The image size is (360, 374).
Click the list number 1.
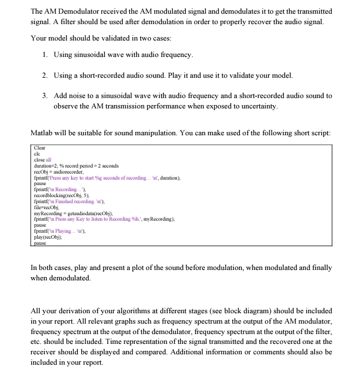click(44, 55)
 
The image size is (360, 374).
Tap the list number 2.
click(44, 74)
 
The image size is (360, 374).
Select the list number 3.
click(44, 95)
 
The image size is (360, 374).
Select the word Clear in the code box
click(40, 148)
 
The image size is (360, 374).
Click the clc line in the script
click(37, 154)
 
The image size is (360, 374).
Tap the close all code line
click(43, 160)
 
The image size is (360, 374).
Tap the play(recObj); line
click(50, 237)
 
